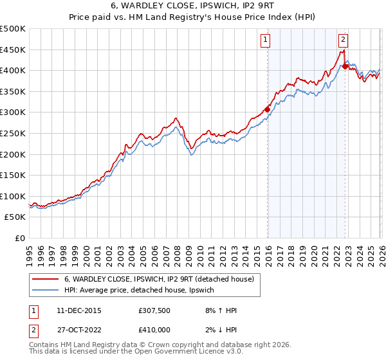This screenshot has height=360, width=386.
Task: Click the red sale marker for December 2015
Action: (267, 109)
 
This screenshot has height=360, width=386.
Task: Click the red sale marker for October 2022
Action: (345, 66)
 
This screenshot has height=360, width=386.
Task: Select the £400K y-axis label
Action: (13, 70)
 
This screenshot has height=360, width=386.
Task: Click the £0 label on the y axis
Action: (19, 238)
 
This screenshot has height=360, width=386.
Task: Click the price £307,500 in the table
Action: (154, 310)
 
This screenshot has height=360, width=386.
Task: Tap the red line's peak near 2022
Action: (344, 50)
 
